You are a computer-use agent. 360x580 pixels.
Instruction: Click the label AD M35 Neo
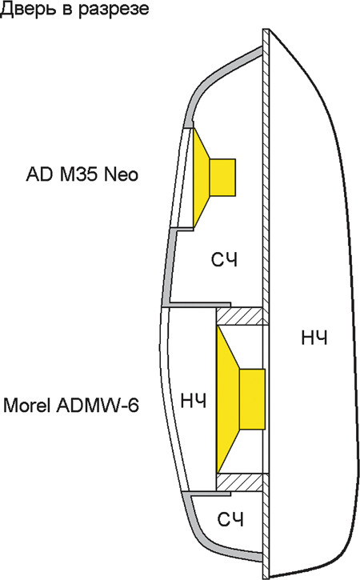point(82,174)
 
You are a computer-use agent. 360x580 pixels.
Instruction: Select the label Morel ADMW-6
point(71,406)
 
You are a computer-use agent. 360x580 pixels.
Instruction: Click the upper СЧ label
point(225,260)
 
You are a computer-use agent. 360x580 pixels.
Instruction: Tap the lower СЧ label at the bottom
point(230,520)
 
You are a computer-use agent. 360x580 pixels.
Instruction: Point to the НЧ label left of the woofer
point(193,401)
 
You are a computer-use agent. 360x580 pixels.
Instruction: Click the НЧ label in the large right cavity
point(314,338)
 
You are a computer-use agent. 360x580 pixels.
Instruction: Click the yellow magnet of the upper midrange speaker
point(222,177)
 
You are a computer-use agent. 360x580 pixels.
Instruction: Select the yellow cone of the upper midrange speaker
point(201,177)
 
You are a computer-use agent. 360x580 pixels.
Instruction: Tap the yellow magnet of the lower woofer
point(252,399)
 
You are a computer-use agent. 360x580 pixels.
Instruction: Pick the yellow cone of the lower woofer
point(228,399)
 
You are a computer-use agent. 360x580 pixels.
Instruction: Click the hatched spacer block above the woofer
point(239,316)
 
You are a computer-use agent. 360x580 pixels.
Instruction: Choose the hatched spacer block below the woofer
point(239,482)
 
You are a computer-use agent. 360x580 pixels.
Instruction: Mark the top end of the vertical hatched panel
point(266,30)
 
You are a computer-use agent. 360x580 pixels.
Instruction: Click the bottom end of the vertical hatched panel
point(266,578)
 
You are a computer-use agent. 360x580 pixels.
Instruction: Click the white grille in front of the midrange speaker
point(182,177)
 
